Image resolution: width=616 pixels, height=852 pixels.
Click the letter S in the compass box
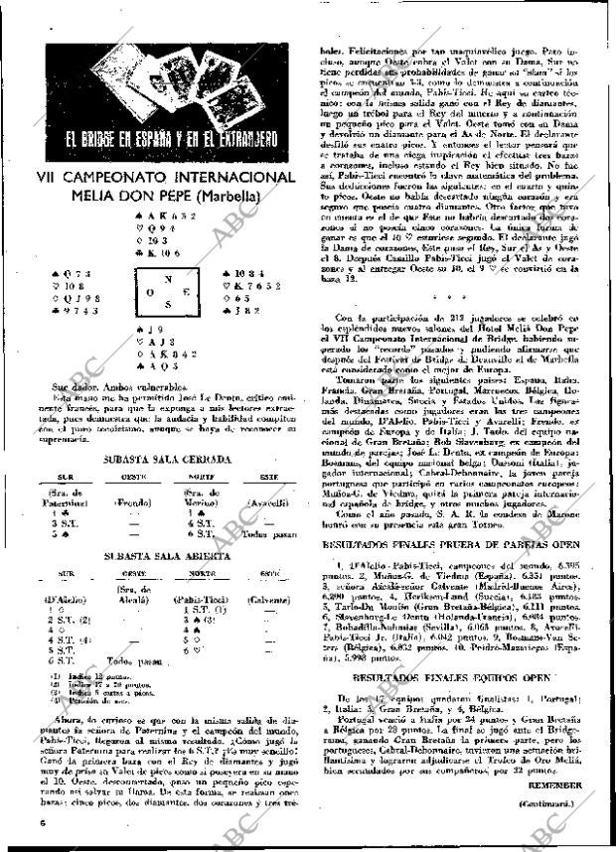pyautogui.click(x=167, y=304)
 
